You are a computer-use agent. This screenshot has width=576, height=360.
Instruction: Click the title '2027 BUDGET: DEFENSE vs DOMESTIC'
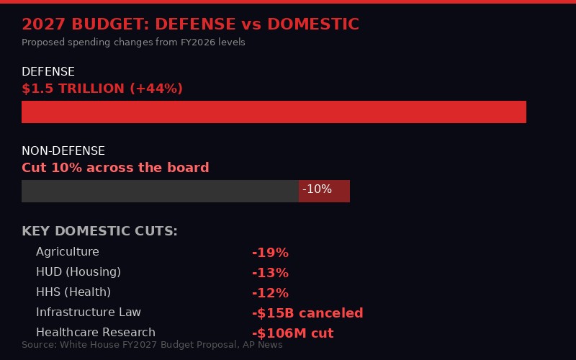point(190,24)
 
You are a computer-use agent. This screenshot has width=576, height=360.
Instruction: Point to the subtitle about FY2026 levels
point(133,42)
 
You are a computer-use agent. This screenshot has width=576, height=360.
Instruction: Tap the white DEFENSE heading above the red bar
point(48,72)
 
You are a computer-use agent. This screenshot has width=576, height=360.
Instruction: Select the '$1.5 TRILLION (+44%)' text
point(102,89)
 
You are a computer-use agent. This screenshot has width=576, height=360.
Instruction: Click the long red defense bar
point(274,112)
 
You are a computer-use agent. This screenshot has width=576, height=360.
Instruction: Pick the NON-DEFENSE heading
point(63,151)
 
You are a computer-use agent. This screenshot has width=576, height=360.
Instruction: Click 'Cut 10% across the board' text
point(115,168)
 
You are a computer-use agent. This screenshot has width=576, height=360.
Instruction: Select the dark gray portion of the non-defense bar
point(160,191)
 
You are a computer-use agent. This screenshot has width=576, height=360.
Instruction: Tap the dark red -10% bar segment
point(324,191)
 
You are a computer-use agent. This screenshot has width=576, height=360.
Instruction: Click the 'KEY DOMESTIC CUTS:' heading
point(99,231)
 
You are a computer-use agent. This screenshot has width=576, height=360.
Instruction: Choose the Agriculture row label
point(68,252)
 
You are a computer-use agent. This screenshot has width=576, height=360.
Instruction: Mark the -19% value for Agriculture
point(270,253)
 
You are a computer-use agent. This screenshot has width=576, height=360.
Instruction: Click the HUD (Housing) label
point(78,272)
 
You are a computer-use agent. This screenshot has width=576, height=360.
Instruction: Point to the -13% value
point(270,273)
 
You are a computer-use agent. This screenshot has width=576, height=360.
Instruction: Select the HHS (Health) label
point(73,292)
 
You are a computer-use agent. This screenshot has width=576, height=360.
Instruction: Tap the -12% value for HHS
point(270,293)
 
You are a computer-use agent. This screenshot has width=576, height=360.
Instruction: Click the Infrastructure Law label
point(89,312)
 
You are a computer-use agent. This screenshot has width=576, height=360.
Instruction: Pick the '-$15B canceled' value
point(307,313)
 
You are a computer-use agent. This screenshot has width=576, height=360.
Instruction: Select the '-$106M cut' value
point(292,333)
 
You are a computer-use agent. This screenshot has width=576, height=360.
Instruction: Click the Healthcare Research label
point(96,333)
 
